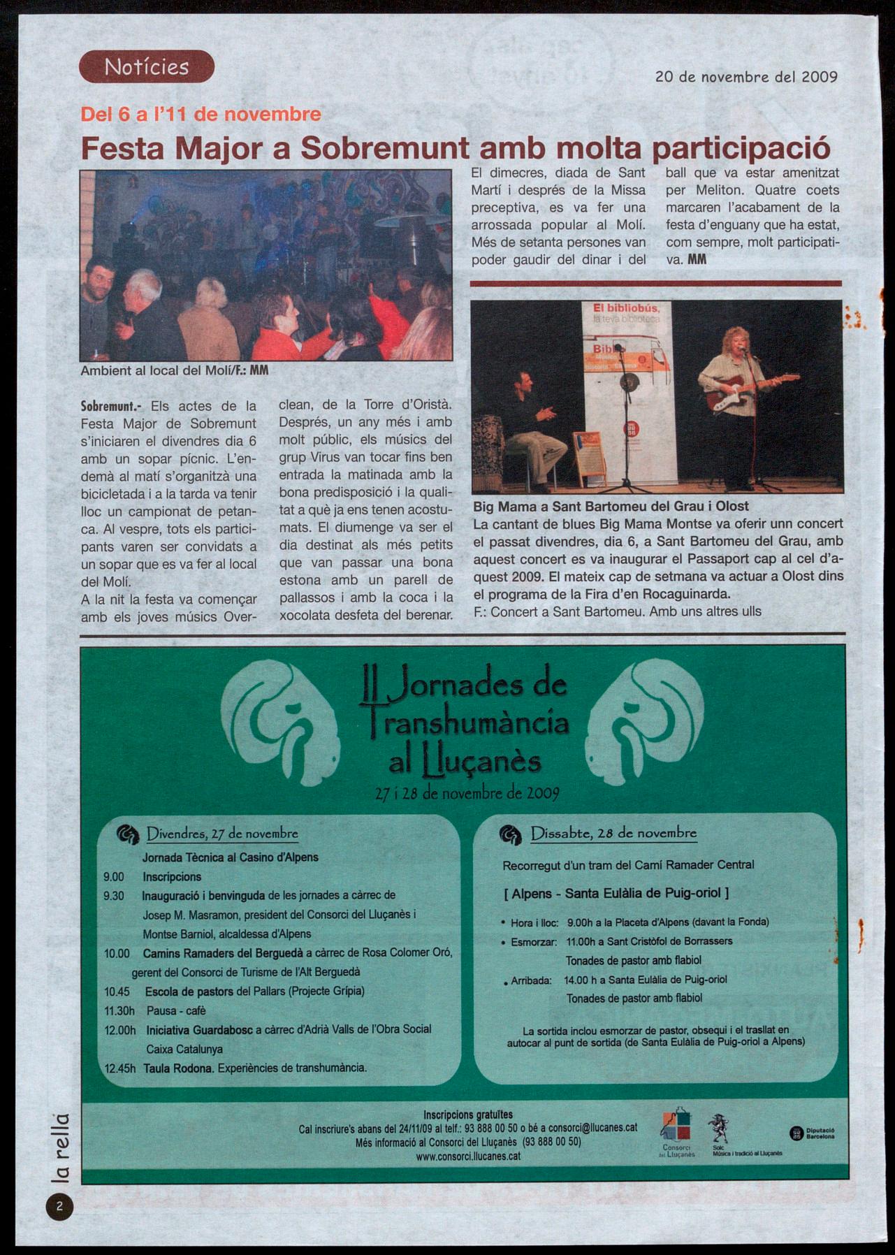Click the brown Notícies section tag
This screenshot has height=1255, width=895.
coord(146,67)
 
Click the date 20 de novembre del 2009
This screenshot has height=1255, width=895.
coord(746,77)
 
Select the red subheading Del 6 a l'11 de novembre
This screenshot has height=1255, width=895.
coord(201,114)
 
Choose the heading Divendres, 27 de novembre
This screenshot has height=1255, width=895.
coord(222,834)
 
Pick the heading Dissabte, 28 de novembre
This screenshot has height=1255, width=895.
coord(613,833)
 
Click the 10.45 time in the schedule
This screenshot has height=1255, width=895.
coord(117,991)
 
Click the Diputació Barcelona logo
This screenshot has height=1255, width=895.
coord(813,1133)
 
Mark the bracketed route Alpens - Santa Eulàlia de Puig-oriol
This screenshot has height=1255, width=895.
coord(616,893)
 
